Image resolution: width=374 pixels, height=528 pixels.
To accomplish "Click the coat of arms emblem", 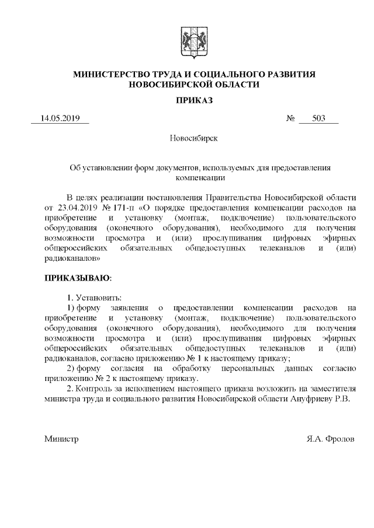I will (193, 41).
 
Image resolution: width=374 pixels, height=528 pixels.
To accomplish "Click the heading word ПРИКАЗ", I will (194, 100).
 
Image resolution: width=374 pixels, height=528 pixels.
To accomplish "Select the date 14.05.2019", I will (60, 119).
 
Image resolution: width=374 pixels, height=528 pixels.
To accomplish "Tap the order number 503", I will (318, 119).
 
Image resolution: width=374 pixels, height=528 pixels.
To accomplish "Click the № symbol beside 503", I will (290, 119).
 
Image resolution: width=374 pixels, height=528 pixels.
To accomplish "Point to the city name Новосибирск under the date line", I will (193, 139).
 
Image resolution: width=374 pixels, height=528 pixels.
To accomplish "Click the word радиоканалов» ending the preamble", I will (72, 256).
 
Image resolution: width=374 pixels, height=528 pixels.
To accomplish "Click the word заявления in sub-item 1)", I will (131, 307).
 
